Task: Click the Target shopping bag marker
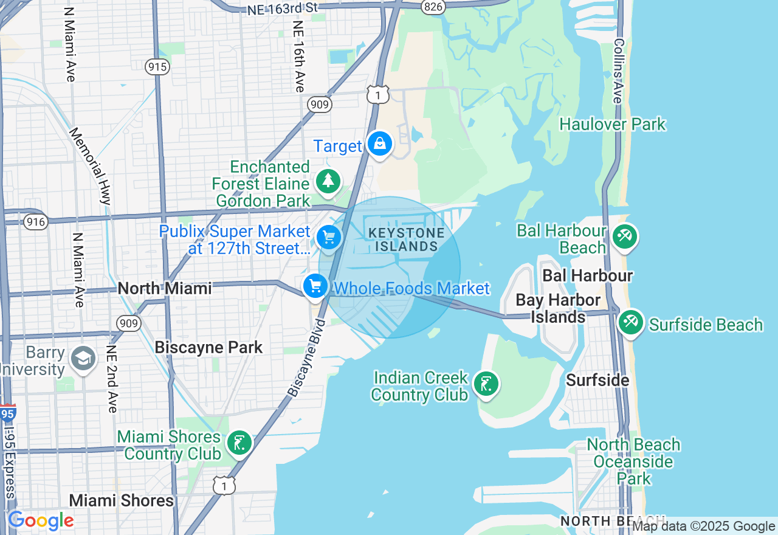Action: [x=380, y=144]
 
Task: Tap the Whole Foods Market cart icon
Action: [x=315, y=286]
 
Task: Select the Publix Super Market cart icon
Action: [x=329, y=237]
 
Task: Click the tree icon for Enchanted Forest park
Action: [x=328, y=181]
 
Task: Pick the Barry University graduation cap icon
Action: [x=83, y=357]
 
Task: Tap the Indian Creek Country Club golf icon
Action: [x=486, y=384]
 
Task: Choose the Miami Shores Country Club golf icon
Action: [x=239, y=443]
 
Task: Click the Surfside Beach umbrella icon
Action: [x=630, y=322]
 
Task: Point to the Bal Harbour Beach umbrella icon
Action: [x=624, y=236]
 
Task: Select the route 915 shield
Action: [x=157, y=67]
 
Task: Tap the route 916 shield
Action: [x=36, y=222]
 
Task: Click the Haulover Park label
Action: [x=613, y=125]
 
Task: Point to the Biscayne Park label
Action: [x=208, y=347]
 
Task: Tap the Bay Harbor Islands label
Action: [x=558, y=308]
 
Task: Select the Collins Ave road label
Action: [x=619, y=71]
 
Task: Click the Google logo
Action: [x=41, y=520]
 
